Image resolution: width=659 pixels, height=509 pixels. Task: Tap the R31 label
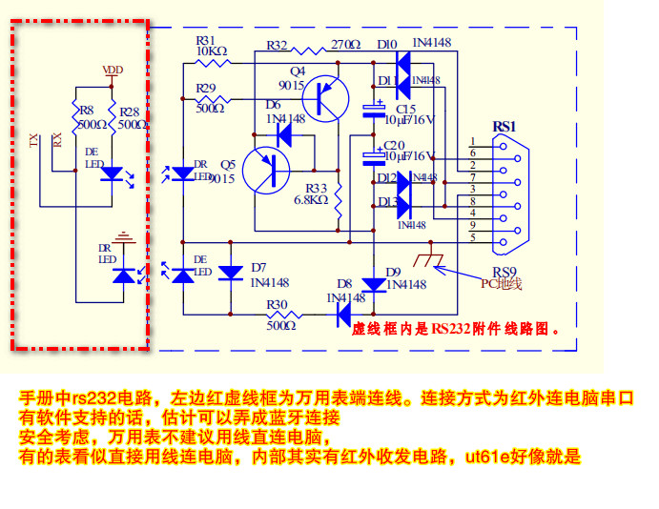click(x=205, y=41)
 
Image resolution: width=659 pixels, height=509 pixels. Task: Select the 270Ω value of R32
click(x=347, y=45)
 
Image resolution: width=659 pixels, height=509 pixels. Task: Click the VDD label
click(x=113, y=70)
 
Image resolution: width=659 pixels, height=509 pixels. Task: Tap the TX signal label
click(x=35, y=142)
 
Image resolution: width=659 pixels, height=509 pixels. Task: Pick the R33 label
click(x=316, y=188)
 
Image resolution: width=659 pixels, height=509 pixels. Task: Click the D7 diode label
click(x=258, y=267)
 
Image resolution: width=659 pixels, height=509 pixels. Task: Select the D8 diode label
click(x=344, y=283)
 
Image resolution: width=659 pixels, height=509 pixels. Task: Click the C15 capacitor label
click(x=394, y=109)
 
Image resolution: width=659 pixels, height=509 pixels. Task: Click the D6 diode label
click(x=274, y=105)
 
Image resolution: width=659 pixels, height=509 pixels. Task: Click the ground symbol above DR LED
click(x=121, y=234)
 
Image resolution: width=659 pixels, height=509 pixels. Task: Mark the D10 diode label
click(x=386, y=45)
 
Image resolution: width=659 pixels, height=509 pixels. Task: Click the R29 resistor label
click(x=205, y=88)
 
